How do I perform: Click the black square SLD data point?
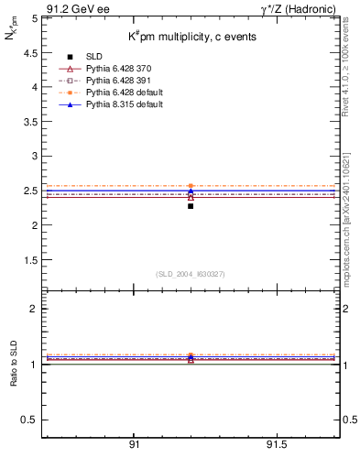click(191, 206)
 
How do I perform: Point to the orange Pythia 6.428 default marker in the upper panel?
click(191, 186)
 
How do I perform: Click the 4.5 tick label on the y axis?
click(31, 52)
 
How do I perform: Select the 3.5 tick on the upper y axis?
click(31, 121)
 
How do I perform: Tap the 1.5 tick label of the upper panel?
click(31, 259)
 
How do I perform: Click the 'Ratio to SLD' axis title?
click(14, 377)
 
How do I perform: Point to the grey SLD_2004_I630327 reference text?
click(190, 274)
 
